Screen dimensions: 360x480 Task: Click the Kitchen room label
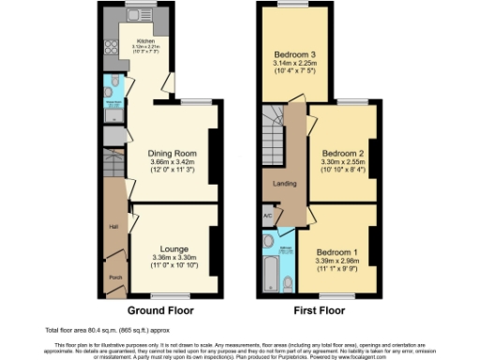coord(145,42)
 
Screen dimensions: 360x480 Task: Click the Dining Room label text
coord(172,153)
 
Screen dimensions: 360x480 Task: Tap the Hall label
coord(113,227)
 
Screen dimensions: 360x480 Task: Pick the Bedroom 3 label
coord(293,53)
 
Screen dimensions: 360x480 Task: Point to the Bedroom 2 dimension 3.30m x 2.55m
coord(343,161)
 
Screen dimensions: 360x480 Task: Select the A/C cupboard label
coord(267,216)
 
